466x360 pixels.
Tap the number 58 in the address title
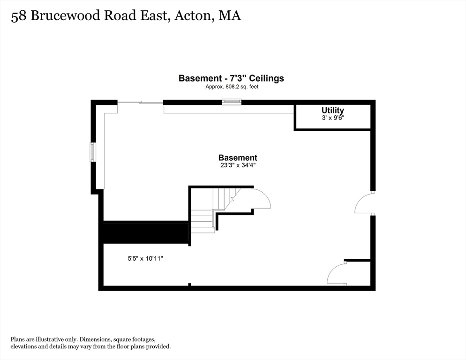pos(18,16)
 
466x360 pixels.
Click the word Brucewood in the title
pos(65,16)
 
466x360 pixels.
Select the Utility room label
pos(332,110)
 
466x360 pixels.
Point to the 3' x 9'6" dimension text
pos(332,118)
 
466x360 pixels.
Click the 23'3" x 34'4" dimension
pos(238,165)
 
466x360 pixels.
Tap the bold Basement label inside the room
pos(238,157)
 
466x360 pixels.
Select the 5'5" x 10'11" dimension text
pos(145,259)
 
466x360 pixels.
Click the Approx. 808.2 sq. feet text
pos(232,87)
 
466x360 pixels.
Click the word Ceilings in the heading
pos(266,78)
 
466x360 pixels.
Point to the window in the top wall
pos(232,102)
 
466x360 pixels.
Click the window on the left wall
pos(93,152)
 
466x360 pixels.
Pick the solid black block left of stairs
pos(146,232)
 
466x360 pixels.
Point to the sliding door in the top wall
pos(140,103)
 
